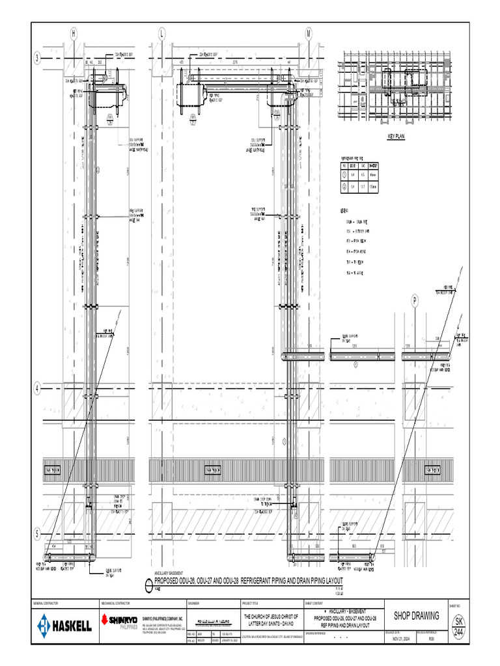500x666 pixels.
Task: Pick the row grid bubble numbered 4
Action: (x=38, y=388)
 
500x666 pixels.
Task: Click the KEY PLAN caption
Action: (x=396, y=137)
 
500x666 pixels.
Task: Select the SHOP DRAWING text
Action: (x=417, y=616)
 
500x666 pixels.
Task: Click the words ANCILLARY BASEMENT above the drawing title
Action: (x=169, y=572)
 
